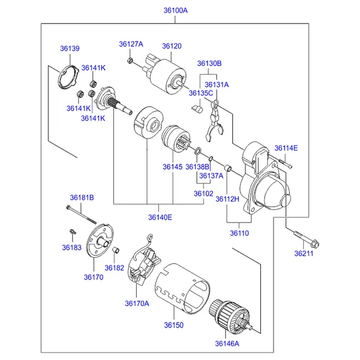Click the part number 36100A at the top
coord(175,10)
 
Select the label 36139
coord(69,49)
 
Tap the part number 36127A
coord(131,44)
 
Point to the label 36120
coord(171,46)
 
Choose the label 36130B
coord(209,63)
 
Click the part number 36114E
coord(286,148)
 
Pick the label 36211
coord(304,254)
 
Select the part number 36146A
coord(227,344)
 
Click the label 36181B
coord(82,197)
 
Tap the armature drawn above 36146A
coord(228,314)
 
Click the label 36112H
coord(227,199)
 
